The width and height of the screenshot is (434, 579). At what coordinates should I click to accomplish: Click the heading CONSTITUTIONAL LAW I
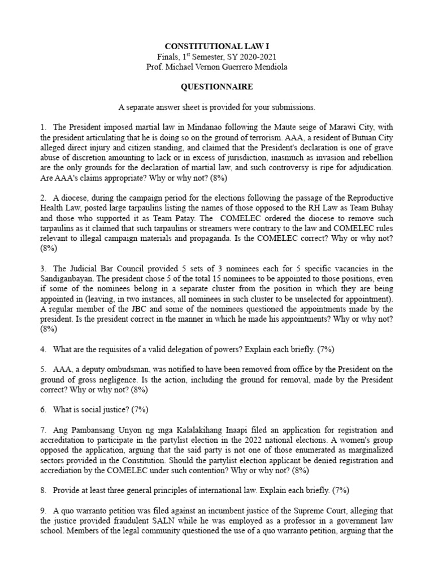tap(217, 45)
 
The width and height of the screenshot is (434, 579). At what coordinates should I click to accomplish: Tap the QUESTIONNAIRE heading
tap(217, 87)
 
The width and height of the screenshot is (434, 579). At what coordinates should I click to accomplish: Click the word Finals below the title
tap(168, 57)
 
